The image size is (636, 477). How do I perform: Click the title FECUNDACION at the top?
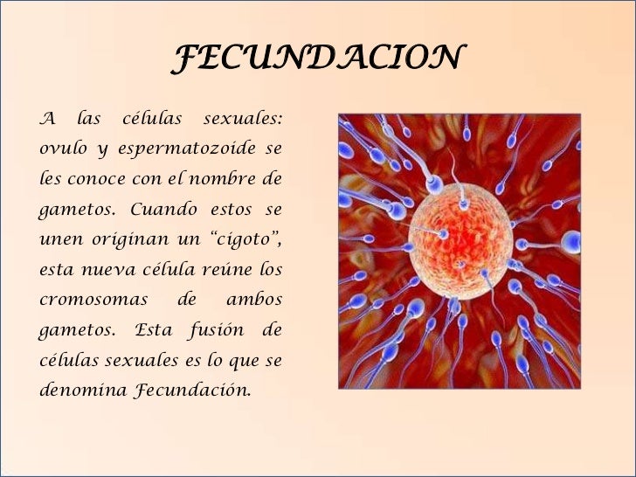click(317, 59)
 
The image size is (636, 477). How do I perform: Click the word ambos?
click(254, 300)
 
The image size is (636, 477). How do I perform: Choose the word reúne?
click(220, 269)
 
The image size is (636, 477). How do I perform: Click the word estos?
click(231, 210)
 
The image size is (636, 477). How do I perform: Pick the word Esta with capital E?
click(154, 329)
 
